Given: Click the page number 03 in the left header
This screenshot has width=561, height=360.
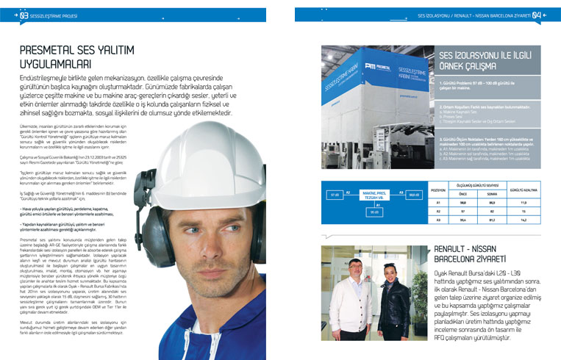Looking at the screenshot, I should click(25, 15).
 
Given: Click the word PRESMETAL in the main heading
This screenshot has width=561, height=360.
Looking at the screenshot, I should click(57, 51).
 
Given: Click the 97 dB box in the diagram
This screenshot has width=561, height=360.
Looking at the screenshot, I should click(335, 194).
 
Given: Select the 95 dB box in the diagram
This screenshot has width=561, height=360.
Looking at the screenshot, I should click(374, 212).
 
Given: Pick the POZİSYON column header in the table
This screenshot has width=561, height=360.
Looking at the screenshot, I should click(438, 189).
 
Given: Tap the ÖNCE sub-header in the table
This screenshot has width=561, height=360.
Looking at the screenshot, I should click(462, 194).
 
